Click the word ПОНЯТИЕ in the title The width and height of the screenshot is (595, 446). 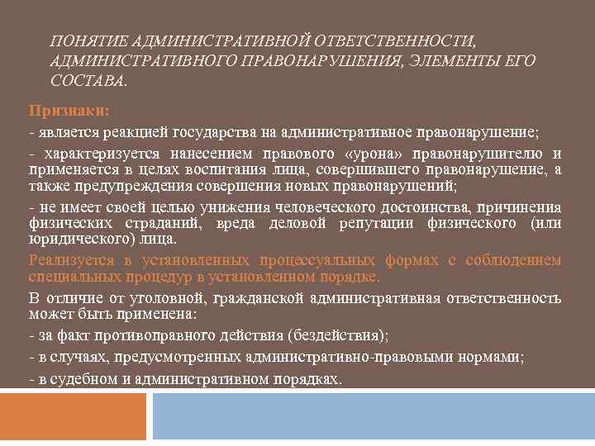click(80, 41)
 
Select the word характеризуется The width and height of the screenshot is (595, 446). click(100, 154)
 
